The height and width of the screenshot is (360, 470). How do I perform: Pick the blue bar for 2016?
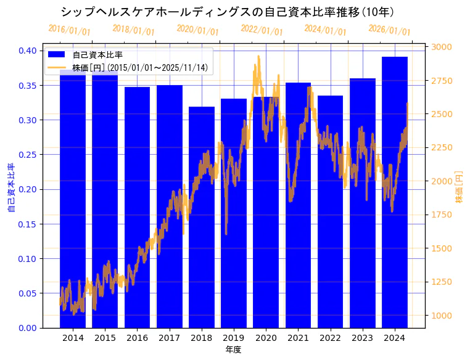coord(137,210)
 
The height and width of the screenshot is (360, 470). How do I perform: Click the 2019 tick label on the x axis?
coord(234,338)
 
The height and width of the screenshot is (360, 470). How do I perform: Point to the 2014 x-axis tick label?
coord(73,338)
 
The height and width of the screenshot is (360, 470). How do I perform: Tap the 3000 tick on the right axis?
coord(442,47)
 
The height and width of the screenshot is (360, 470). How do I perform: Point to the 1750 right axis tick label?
coord(442,215)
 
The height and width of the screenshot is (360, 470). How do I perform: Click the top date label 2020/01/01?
coord(197,30)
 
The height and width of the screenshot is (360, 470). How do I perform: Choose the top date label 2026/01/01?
coord(389,30)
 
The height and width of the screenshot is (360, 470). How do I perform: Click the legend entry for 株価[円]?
coord(139,67)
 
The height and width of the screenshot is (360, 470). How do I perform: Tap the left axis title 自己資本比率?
coord(11,188)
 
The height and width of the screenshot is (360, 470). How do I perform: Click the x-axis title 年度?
coord(233,350)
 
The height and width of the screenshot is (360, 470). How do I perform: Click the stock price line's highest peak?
coord(258,56)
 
